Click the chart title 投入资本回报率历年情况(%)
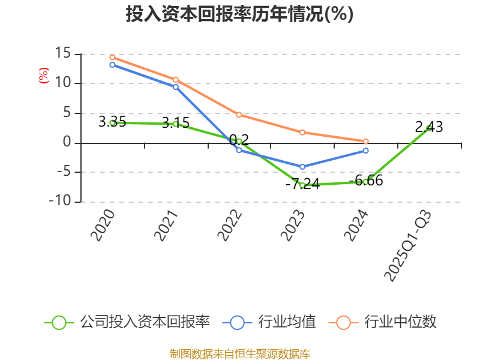(239, 14)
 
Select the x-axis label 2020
(102, 226)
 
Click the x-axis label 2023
(293, 226)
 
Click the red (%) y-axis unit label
(43, 76)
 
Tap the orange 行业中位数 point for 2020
(112, 58)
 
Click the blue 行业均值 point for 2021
(176, 87)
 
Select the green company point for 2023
(302, 185)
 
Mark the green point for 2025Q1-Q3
(428, 128)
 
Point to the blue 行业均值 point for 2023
(302, 167)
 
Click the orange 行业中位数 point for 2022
(239, 115)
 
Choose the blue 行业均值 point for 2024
(365, 151)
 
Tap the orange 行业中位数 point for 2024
(365, 141)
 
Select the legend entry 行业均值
(269, 322)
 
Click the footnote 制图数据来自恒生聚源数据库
(239, 353)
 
